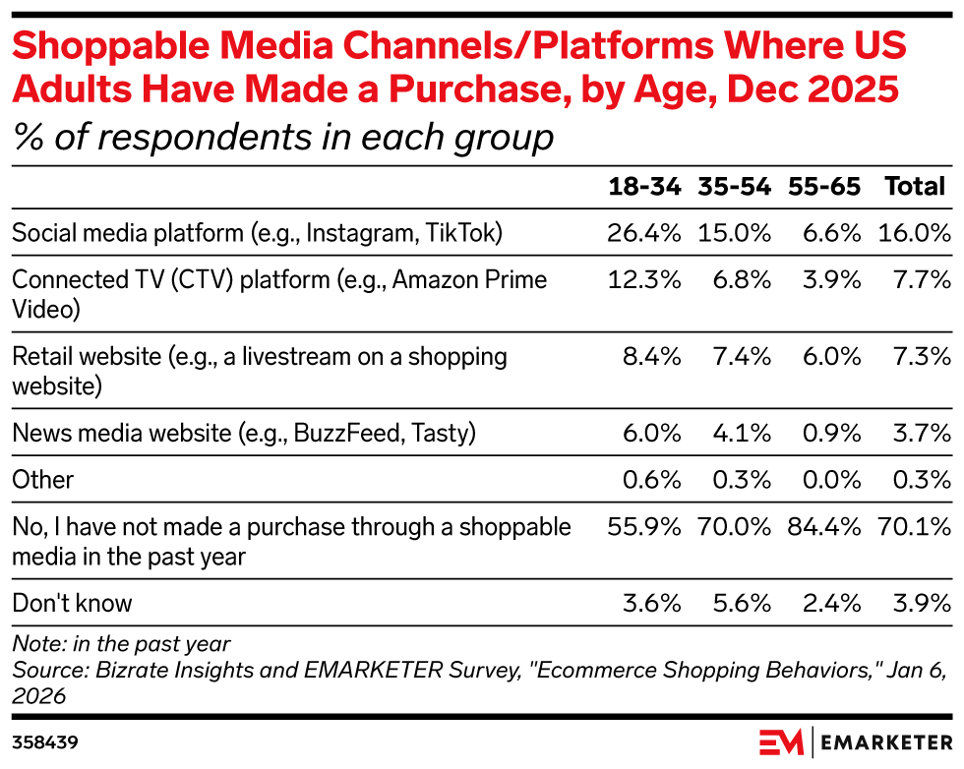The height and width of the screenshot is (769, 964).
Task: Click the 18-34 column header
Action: point(644,186)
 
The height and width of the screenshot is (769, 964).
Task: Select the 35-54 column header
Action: point(734,186)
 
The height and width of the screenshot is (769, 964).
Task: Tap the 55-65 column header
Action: point(824,186)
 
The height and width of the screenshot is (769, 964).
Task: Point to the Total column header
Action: point(915,186)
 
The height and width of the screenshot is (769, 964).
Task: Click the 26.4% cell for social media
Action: point(643,233)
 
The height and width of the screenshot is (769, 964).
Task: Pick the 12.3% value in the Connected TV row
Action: point(644,279)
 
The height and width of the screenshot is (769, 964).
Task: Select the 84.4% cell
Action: point(824,527)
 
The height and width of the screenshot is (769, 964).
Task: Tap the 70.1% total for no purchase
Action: point(914,527)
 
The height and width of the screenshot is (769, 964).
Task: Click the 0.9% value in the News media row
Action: point(831,434)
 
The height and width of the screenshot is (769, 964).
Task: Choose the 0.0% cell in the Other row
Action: point(831,480)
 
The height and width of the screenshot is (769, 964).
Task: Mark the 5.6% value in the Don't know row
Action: point(742,603)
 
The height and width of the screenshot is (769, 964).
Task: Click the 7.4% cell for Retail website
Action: point(742,357)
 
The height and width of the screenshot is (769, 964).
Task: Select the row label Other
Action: point(42,480)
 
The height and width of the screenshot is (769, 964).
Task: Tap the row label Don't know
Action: point(72,603)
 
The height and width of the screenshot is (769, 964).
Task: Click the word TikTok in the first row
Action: point(464,233)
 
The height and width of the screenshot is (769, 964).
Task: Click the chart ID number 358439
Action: point(45,742)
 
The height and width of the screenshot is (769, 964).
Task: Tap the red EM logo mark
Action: point(781,742)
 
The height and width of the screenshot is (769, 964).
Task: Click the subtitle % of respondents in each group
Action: point(283,137)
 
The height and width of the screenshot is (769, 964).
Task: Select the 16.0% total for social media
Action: point(914,233)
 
